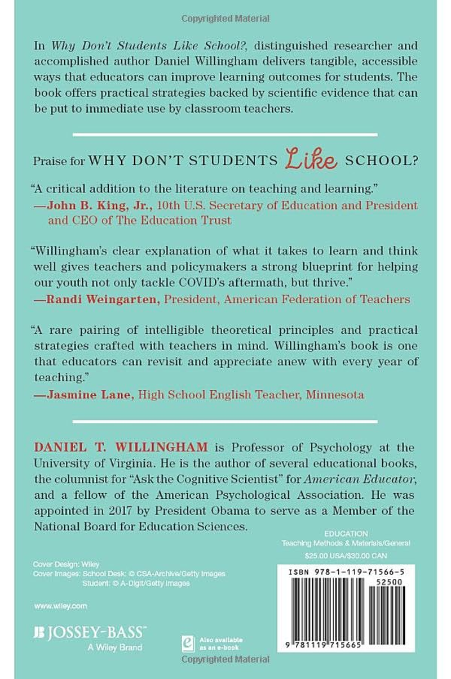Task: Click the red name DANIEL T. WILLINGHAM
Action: (x=121, y=448)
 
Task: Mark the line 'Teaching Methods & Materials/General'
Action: (x=346, y=543)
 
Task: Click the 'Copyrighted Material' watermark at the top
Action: (x=225, y=19)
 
